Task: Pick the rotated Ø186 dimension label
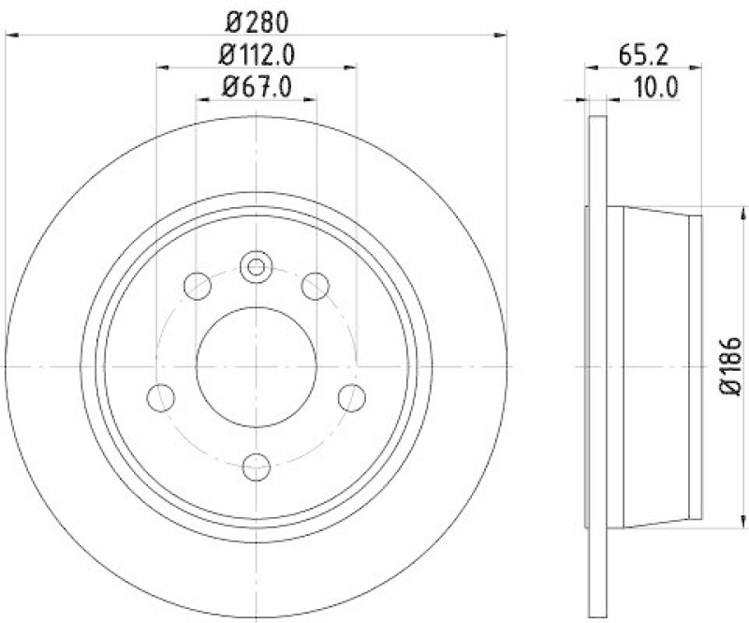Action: point(731,367)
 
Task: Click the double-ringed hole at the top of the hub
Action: point(255,267)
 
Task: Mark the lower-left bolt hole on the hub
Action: point(161,395)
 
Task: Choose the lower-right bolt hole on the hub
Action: point(350,395)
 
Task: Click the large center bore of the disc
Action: point(255,366)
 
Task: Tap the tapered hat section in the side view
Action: point(655,366)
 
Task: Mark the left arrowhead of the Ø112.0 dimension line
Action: point(161,67)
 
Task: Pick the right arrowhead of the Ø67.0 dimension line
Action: point(311,98)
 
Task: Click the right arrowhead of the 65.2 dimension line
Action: point(698,67)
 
